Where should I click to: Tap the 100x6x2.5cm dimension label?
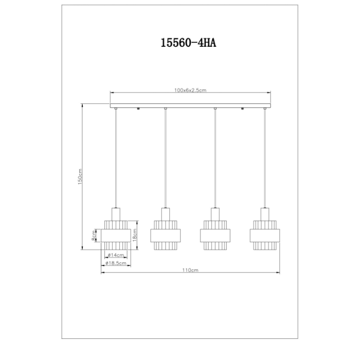(190, 90)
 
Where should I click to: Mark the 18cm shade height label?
(134, 235)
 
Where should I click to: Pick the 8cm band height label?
(93, 235)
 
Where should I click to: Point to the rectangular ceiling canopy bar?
(190, 105)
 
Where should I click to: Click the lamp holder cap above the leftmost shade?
(116, 213)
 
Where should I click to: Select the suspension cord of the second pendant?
(165, 159)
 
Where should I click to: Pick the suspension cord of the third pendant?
(214, 159)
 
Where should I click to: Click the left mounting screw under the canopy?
(139, 109)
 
